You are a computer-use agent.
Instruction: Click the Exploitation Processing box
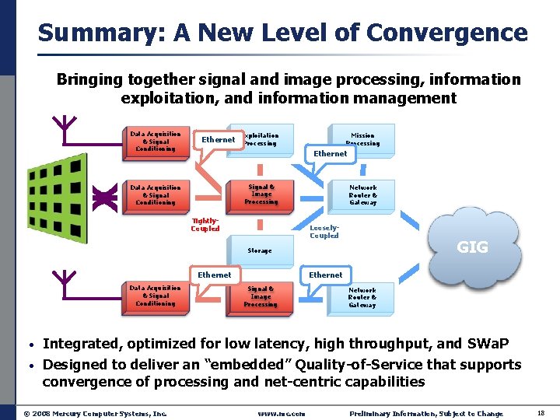(264, 139)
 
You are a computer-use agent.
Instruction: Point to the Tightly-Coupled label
(205, 225)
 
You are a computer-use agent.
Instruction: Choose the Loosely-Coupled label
(324, 232)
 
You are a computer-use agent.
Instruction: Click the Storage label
(259, 251)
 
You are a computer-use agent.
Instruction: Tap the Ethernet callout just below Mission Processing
(331, 154)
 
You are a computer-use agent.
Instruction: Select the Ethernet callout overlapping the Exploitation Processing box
(218, 140)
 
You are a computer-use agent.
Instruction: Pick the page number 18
(541, 413)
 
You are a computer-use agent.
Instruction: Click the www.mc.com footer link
(282, 414)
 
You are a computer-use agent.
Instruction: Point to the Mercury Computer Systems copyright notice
(94, 414)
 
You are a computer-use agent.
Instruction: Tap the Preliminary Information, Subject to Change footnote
(426, 414)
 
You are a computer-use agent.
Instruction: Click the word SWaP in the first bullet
(489, 344)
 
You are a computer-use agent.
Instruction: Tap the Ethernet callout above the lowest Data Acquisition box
(214, 275)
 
